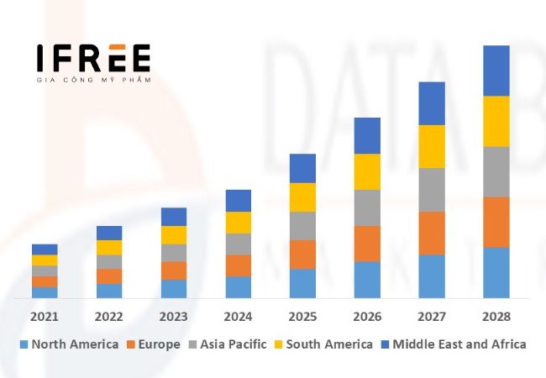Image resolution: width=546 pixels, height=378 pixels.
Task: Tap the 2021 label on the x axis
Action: [x=45, y=317]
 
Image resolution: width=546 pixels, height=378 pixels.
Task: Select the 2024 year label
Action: [x=238, y=317]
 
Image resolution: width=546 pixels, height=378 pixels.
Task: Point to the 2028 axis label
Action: [x=496, y=317]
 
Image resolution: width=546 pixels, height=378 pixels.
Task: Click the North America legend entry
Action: [x=69, y=344]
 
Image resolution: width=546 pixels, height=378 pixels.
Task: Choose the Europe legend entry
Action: [x=154, y=344]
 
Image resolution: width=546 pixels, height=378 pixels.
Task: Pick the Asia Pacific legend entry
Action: [x=227, y=344]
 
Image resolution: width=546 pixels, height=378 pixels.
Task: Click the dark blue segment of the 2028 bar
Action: [x=496, y=71]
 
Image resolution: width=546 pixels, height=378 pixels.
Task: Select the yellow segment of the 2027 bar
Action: [x=432, y=146]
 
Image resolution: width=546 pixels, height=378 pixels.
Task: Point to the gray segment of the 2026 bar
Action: [x=367, y=207]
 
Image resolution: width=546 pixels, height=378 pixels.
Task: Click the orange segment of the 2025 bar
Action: [x=302, y=255]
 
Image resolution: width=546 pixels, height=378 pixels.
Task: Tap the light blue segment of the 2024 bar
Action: [x=238, y=287]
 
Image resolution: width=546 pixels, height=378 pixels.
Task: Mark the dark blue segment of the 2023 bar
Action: [x=174, y=217]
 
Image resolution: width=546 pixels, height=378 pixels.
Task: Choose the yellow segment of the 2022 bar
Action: [x=109, y=248]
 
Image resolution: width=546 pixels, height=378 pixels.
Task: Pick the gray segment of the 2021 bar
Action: [x=45, y=270]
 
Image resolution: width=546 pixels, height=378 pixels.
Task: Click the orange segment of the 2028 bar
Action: [x=496, y=222]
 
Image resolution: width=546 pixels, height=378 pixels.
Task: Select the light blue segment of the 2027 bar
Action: [x=432, y=276]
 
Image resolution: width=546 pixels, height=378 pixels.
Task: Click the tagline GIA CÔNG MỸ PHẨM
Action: [x=93, y=80]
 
